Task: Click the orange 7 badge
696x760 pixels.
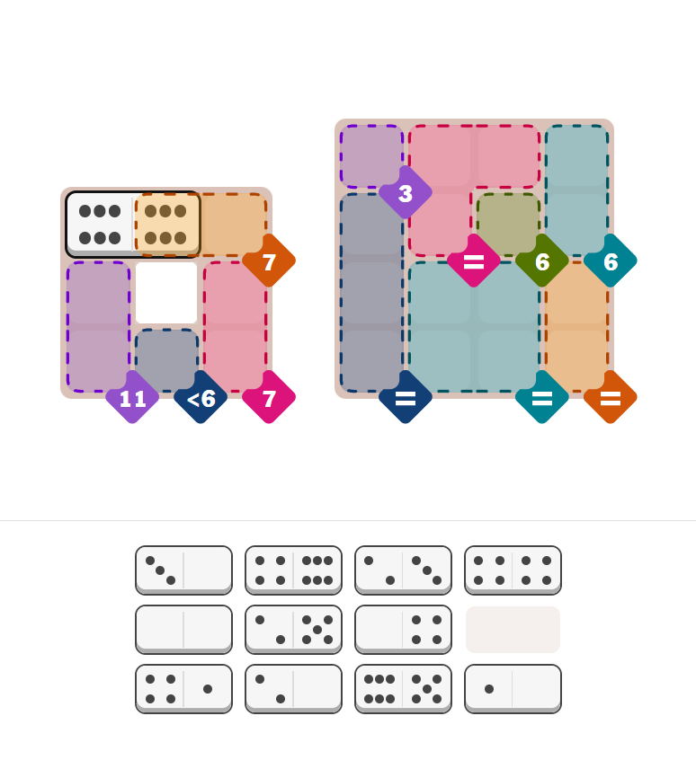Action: point(269,261)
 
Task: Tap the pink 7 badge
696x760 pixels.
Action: point(269,397)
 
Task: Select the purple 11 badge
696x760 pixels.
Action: point(132,397)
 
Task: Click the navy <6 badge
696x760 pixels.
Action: point(201,397)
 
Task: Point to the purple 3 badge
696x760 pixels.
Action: point(406,192)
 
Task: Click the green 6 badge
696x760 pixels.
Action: point(542,261)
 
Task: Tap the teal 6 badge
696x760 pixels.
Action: point(611,261)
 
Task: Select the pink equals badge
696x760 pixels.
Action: point(474,261)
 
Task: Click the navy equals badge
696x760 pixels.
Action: point(406,397)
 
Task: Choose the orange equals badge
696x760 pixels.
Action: point(611,397)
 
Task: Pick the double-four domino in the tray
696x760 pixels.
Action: point(513,570)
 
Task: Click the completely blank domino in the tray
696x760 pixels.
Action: point(183,629)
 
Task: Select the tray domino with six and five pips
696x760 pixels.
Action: point(403,688)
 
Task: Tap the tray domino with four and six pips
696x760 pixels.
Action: point(293,570)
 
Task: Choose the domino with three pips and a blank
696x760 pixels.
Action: point(183,570)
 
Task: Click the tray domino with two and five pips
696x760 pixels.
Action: point(293,629)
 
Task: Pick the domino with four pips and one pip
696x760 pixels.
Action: point(183,688)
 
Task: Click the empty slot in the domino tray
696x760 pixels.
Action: point(513,629)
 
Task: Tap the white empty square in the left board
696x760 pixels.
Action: point(166,293)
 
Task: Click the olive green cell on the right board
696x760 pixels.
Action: point(508,224)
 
